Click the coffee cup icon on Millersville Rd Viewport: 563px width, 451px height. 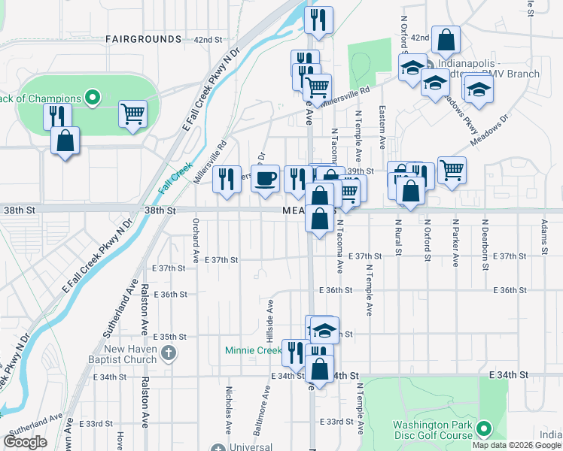(265, 179)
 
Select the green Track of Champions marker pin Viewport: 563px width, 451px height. (93, 97)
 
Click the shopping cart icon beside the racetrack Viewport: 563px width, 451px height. (133, 114)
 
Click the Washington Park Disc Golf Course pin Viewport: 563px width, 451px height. (484, 430)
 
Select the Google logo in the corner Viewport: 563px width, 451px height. (26, 442)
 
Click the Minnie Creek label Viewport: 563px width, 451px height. (252, 350)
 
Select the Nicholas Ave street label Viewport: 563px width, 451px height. (229, 410)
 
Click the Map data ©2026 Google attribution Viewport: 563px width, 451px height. (516, 445)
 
